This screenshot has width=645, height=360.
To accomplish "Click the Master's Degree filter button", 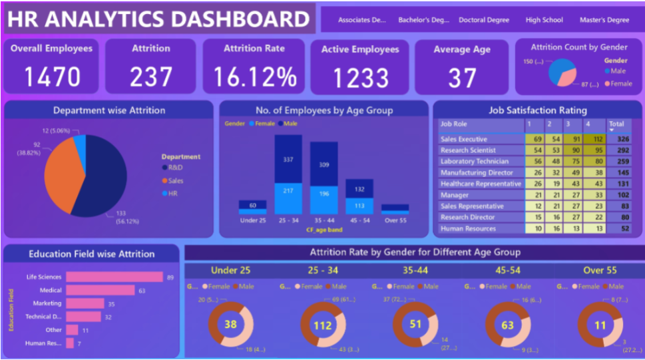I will pyautogui.click(x=604, y=20).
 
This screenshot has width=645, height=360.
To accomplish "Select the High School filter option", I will pyautogui.click(x=544, y=20).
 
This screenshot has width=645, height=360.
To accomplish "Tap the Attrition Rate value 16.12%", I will pyautogui.click(x=254, y=77).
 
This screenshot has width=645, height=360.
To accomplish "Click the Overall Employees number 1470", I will pyautogui.click(x=52, y=77).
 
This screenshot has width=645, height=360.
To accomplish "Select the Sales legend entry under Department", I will pyautogui.click(x=175, y=180).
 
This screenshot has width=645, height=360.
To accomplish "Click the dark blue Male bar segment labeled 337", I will pyautogui.click(x=289, y=160).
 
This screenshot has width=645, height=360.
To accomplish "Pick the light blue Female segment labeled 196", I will pyautogui.click(x=324, y=194).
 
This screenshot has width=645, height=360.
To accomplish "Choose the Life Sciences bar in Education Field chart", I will pyautogui.click(x=114, y=277).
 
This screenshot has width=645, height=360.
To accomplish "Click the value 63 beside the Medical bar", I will pyautogui.click(x=142, y=290).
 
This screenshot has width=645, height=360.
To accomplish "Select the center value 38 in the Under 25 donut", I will pyautogui.click(x=230, y=325).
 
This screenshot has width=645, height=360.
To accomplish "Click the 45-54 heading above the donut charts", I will pyautogui.click(x=508, y=270).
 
